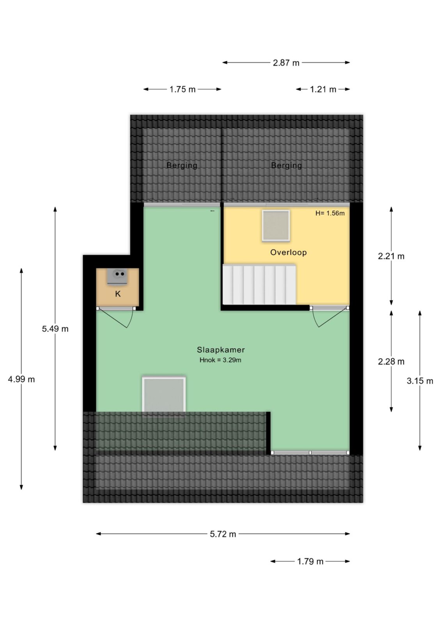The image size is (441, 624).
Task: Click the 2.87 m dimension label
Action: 286,63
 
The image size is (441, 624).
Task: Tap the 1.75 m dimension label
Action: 182,89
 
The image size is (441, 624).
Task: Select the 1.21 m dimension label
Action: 323,89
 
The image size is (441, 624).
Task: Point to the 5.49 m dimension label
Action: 55,329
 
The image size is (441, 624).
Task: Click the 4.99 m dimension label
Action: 21,379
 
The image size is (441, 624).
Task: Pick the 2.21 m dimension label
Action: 391,256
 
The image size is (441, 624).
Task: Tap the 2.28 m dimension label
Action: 391,362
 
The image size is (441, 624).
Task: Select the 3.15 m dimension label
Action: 420,381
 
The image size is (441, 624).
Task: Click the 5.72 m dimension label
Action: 223,534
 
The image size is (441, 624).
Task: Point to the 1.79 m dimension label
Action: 310,561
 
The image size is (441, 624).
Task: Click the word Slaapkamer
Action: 221,349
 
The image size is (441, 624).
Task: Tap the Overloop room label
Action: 288,252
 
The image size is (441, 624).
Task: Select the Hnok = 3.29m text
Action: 220,360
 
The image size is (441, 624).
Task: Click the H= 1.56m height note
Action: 330,213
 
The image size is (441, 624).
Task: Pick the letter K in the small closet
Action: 118,294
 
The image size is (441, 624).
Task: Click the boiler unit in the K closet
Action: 117,277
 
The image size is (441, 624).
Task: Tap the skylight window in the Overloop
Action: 276,226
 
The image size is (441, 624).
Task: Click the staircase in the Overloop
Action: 259,284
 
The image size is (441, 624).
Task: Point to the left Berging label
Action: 182,165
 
